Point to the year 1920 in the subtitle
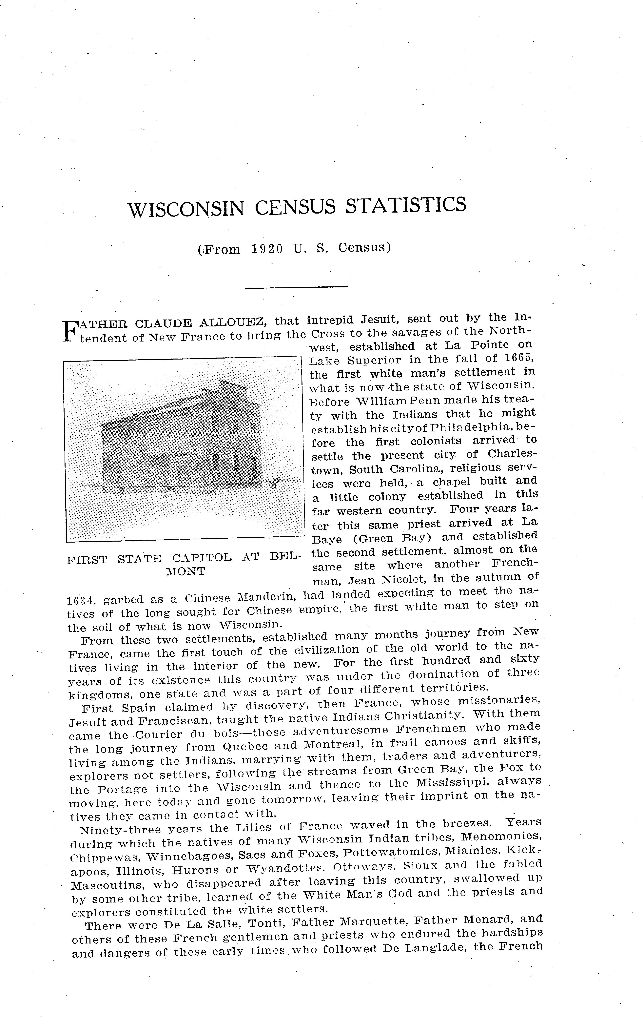click(x=267, y=249)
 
